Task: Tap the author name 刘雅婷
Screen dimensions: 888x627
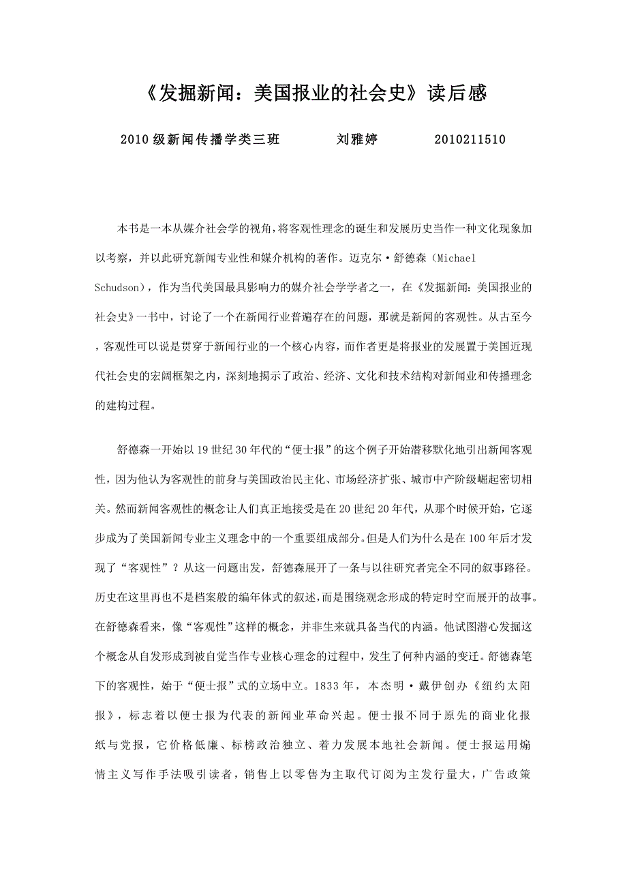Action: point(357,140)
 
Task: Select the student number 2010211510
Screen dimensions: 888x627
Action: point(470,140)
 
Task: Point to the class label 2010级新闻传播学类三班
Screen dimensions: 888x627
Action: point(200,140)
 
